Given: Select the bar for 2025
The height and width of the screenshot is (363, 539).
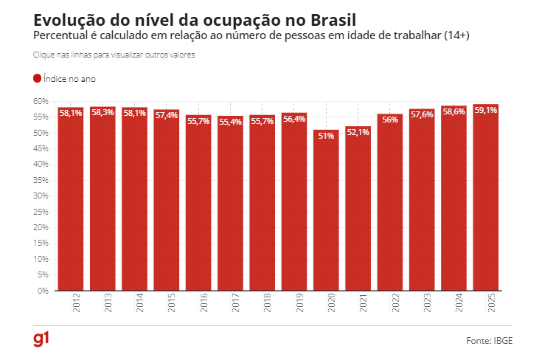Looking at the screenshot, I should (x=485, y=199).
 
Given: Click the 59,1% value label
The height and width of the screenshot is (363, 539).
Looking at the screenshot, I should (x=485, y=110).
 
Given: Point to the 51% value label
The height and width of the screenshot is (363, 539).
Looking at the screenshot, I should (x=326, y=136).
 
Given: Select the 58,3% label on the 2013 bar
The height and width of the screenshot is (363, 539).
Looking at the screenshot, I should (x=102, y=112).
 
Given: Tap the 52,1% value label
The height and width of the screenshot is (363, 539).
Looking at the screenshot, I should (x=358, y=132).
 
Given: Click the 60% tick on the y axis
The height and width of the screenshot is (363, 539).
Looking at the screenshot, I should (x=41, y=101).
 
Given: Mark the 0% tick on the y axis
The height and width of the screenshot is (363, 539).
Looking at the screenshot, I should (x=43, y=291).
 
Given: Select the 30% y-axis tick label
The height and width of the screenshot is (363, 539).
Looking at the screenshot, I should (x=41, y=196).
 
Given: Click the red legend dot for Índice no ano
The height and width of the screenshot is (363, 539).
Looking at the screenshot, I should (x=38, y=78).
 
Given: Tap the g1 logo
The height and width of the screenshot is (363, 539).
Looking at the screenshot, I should (x=41, y=339).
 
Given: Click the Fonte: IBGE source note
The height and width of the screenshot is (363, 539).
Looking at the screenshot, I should (x=489, y=341).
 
